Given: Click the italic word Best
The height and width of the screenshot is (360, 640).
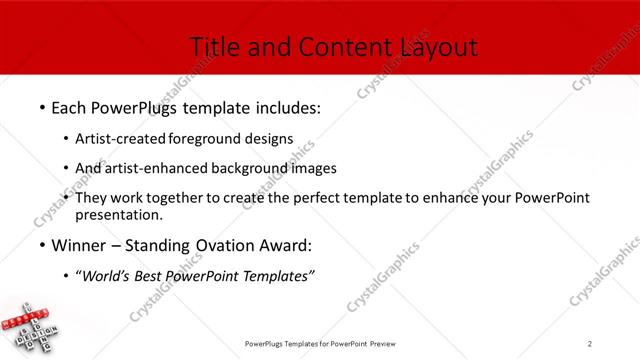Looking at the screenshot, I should point(153,277).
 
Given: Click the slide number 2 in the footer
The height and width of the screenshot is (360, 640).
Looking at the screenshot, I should point(591,343).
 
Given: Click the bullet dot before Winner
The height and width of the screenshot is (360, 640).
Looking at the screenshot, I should point(42,245).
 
